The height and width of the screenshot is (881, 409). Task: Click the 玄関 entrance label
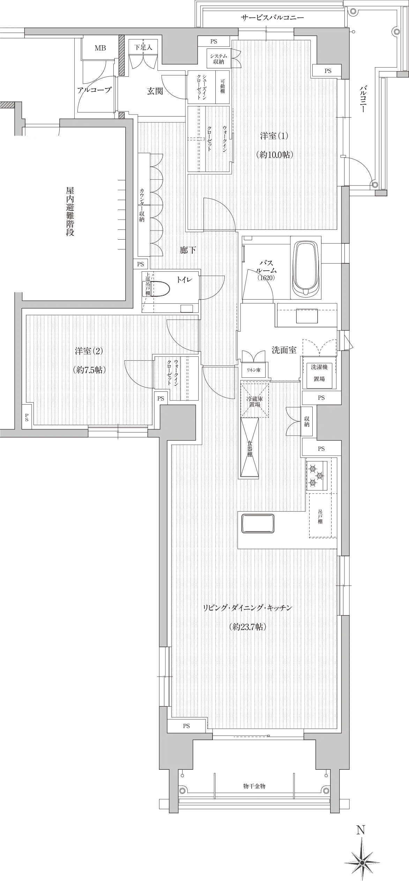click(x=155, y=91)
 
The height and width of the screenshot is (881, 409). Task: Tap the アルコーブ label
click(x=94, y=90)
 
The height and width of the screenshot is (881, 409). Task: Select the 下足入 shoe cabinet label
click(x=144, y=47)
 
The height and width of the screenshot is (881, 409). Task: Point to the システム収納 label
click(x=219, y=59)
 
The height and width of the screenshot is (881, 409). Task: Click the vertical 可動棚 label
click(x=223, y=86)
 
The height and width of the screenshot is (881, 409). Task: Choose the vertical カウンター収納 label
click(x=142, y=205)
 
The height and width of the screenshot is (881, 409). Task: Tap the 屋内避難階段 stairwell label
click(x=70, y=211)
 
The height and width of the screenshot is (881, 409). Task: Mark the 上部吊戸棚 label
click(x=148, y=284)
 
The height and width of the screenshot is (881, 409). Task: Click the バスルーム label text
click(x=266, y=266)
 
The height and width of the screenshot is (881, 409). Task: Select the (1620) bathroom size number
click(x=266, y=278)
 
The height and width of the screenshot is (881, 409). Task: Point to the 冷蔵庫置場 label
click(x=255, y=401)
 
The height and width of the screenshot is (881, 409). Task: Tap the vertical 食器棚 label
click(x=250, y=449)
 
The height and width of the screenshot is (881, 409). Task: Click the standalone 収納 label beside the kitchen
click(x=307, y=421)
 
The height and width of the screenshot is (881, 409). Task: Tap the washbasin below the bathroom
click(x=306, y=317)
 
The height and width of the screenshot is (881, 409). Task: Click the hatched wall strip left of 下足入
click(x=121, y=55)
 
